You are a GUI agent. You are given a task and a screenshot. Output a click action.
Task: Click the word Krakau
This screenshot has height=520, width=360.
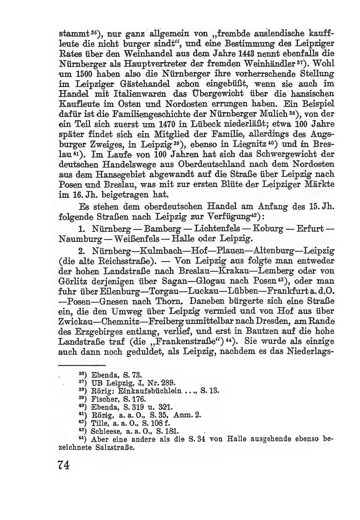click(x=233, y=271)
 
